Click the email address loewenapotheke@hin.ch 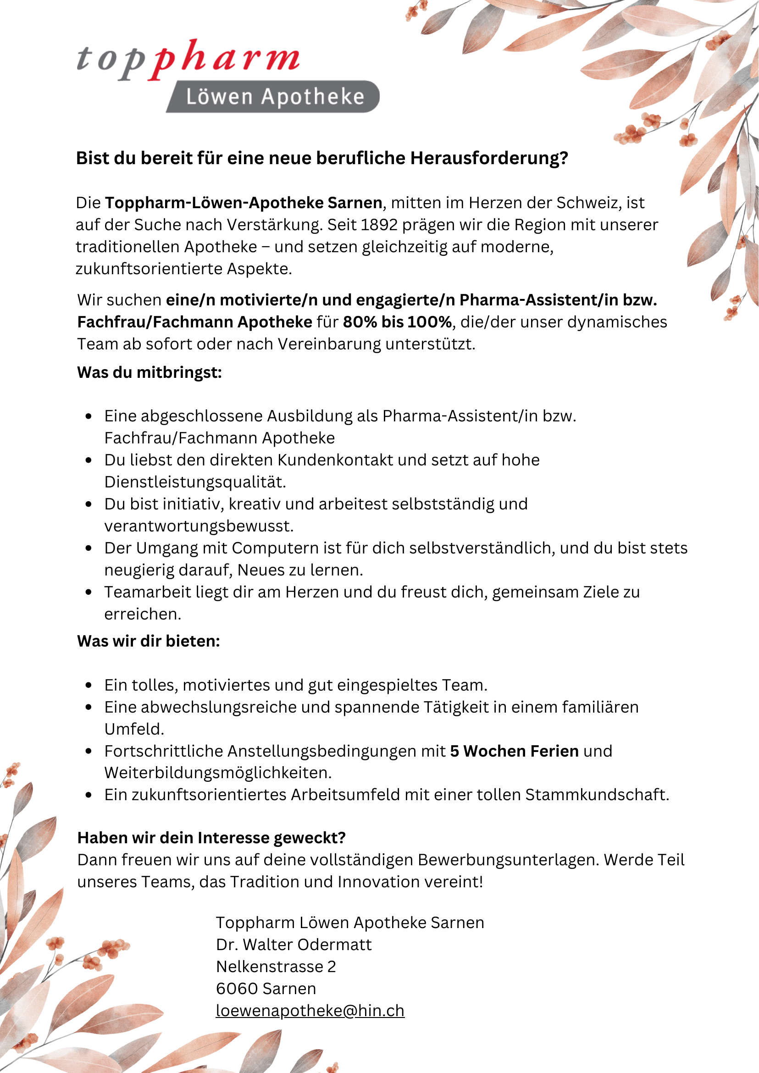pos(310,1010)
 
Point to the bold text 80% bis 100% pos(397,322)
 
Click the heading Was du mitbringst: pos(150,372)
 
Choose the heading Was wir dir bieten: pos(149,641)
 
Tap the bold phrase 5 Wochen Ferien pos(514,751)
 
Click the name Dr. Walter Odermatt pos(294,945)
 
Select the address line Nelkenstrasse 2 pos(276,967)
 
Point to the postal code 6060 pos(237,989)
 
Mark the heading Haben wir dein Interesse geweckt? pos(211,838)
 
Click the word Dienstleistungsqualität pos(195,482)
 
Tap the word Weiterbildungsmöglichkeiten pos(218,773)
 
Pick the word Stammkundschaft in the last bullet pos(597,795)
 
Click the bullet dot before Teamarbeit pos(89,592)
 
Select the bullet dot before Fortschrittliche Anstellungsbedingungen pos(89,751)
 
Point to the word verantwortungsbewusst pos(199,526)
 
